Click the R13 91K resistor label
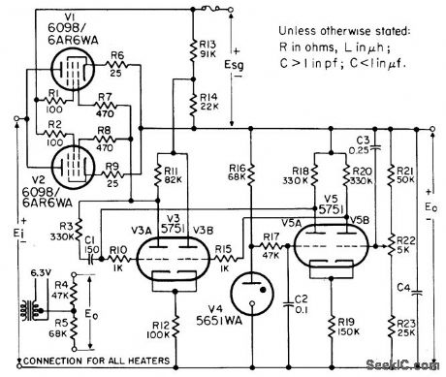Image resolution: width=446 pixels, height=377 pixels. point(207,50)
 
